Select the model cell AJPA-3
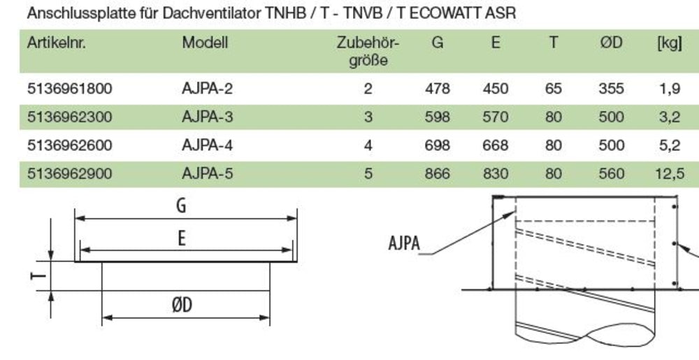click(207, 117)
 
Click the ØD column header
click(611, 43)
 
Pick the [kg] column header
click(669, 43)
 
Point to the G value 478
click(438, 89)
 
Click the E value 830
click(496, 173)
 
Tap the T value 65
click(554, 89)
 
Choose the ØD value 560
click(611, 173)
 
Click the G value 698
click(438, 145)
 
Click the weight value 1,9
click(669, 89)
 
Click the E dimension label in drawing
click(182, 238)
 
